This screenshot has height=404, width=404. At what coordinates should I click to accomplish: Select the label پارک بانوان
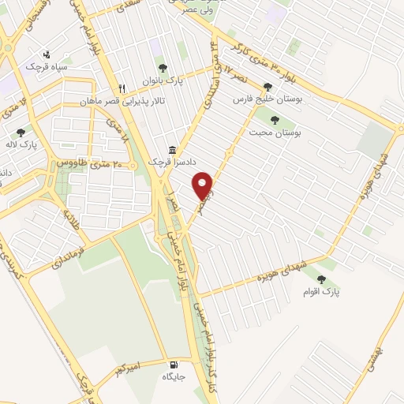coord(163,80)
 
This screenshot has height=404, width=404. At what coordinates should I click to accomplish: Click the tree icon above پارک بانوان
coord(163,68)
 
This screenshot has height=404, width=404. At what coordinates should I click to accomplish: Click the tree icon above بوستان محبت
coord(275,120)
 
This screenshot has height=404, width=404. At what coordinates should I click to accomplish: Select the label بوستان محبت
coord(282,133)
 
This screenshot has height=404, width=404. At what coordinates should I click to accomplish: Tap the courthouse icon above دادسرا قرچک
coord(171,149)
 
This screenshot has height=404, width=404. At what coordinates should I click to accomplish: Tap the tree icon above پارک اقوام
coord(321,278)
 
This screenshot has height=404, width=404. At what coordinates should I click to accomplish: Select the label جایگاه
coord(173,378)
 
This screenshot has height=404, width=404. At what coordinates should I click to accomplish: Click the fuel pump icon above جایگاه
coord(173,365)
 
